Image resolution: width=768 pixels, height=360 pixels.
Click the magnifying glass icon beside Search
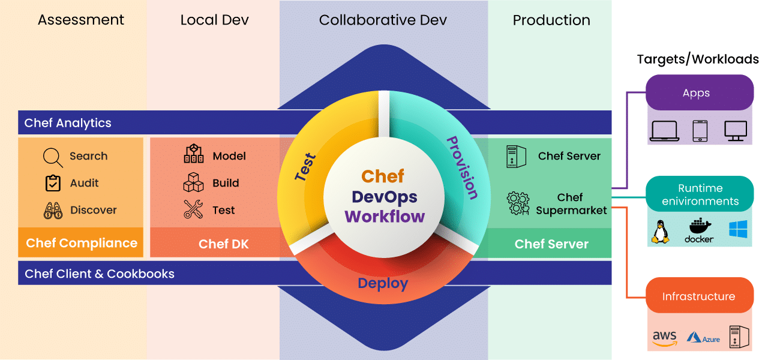53,157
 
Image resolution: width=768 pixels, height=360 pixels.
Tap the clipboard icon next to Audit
53,183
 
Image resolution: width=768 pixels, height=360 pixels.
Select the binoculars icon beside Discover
53,211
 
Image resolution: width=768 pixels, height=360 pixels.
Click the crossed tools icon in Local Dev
193,209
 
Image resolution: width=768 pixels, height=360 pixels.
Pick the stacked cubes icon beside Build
193,182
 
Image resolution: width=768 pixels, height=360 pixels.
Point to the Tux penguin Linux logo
661,232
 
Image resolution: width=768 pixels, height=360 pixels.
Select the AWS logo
664,338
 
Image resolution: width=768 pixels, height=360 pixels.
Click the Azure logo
703,338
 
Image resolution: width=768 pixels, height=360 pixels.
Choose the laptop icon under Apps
664,130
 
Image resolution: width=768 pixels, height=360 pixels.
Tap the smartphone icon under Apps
700,130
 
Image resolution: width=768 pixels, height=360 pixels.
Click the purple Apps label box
699,92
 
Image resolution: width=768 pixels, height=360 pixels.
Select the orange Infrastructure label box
699,296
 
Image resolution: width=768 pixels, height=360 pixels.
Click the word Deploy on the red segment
383,283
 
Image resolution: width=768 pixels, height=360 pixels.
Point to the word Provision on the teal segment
462,168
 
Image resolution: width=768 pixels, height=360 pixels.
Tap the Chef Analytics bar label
68,123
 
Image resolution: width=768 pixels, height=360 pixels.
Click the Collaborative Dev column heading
383,20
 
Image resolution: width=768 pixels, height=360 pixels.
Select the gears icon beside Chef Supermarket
517,203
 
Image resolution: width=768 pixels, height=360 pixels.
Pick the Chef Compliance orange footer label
82,243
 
